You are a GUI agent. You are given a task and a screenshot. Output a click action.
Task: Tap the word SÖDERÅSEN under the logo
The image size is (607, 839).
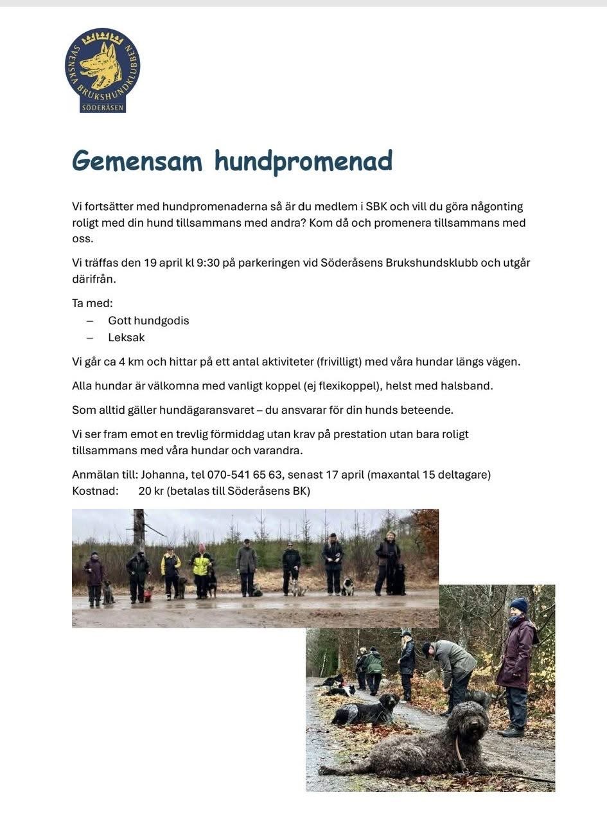(x=103, y=107)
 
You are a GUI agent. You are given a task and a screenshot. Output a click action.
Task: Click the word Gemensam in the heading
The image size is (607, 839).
(x=137, y=161)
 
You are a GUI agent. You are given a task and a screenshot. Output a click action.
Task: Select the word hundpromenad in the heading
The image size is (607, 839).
(x=303, y=161)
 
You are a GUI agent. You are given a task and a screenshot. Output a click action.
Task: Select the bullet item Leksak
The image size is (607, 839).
(x=127, y=337)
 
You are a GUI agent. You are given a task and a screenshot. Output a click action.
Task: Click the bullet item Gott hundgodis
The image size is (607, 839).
(x=148, y=321)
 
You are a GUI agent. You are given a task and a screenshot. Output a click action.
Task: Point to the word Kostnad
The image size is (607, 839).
(x=95, y=491)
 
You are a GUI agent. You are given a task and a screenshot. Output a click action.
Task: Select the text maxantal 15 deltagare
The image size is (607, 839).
(x=430, y=475)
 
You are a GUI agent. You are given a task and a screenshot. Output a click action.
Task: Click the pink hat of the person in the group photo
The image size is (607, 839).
(x=202, y=547)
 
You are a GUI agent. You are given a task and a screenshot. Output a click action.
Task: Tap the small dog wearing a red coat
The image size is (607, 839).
(x=148, y=594)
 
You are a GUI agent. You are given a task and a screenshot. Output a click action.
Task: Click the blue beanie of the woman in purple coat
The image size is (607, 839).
(x=519, y=605)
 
